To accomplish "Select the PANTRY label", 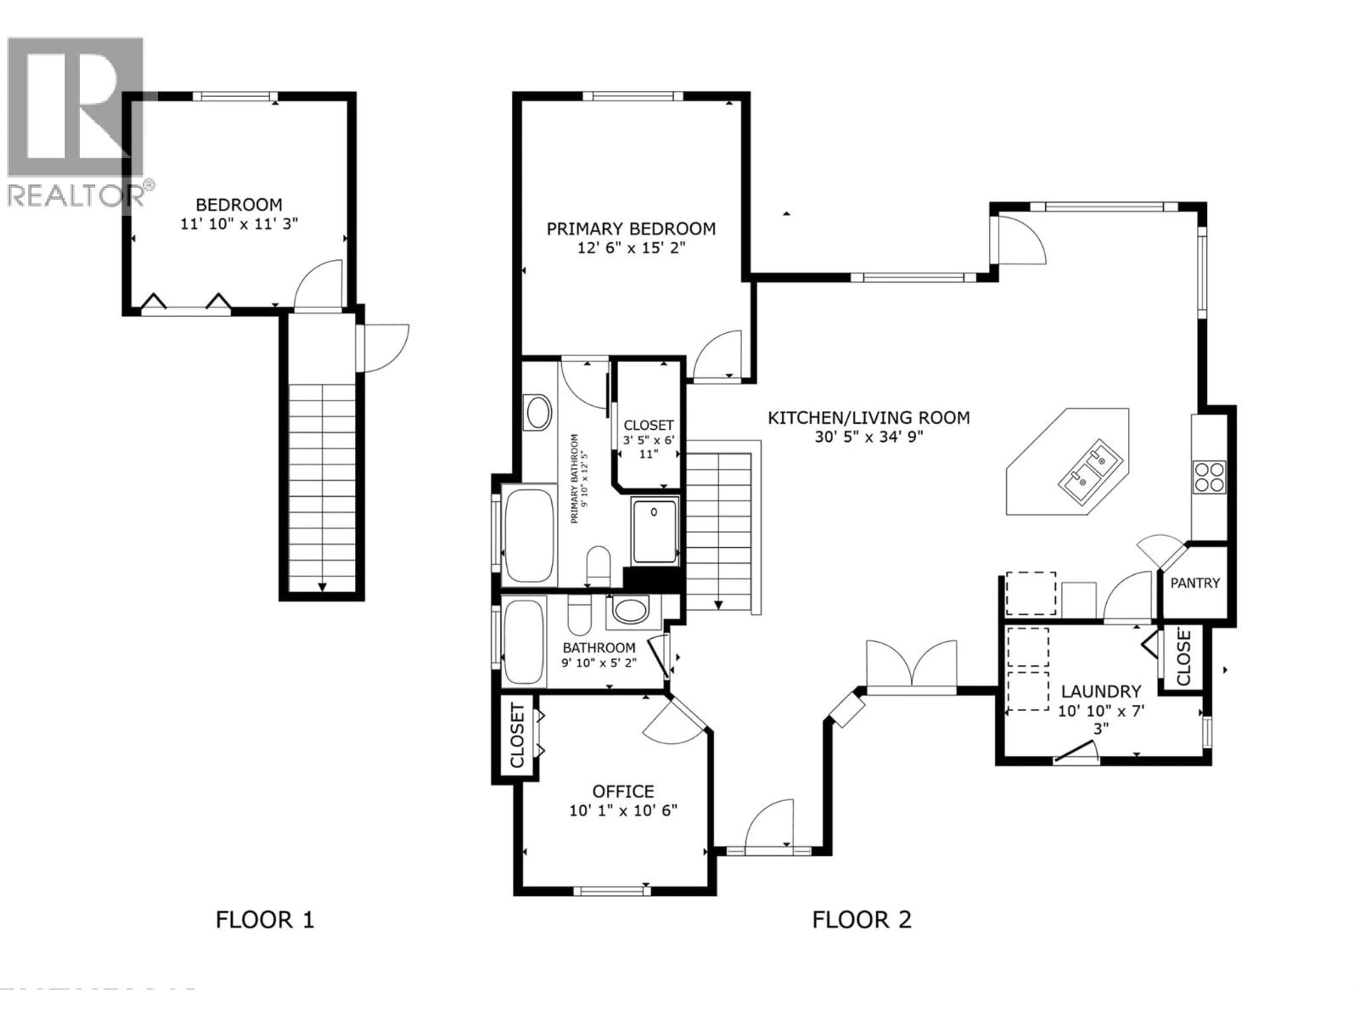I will coord(1195,583).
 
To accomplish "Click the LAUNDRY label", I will coord(1101,692).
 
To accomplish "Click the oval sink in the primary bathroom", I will coord(538,412).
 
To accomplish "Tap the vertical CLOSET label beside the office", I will coord(517,736).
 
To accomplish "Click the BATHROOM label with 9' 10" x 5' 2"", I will coord(599,647).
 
